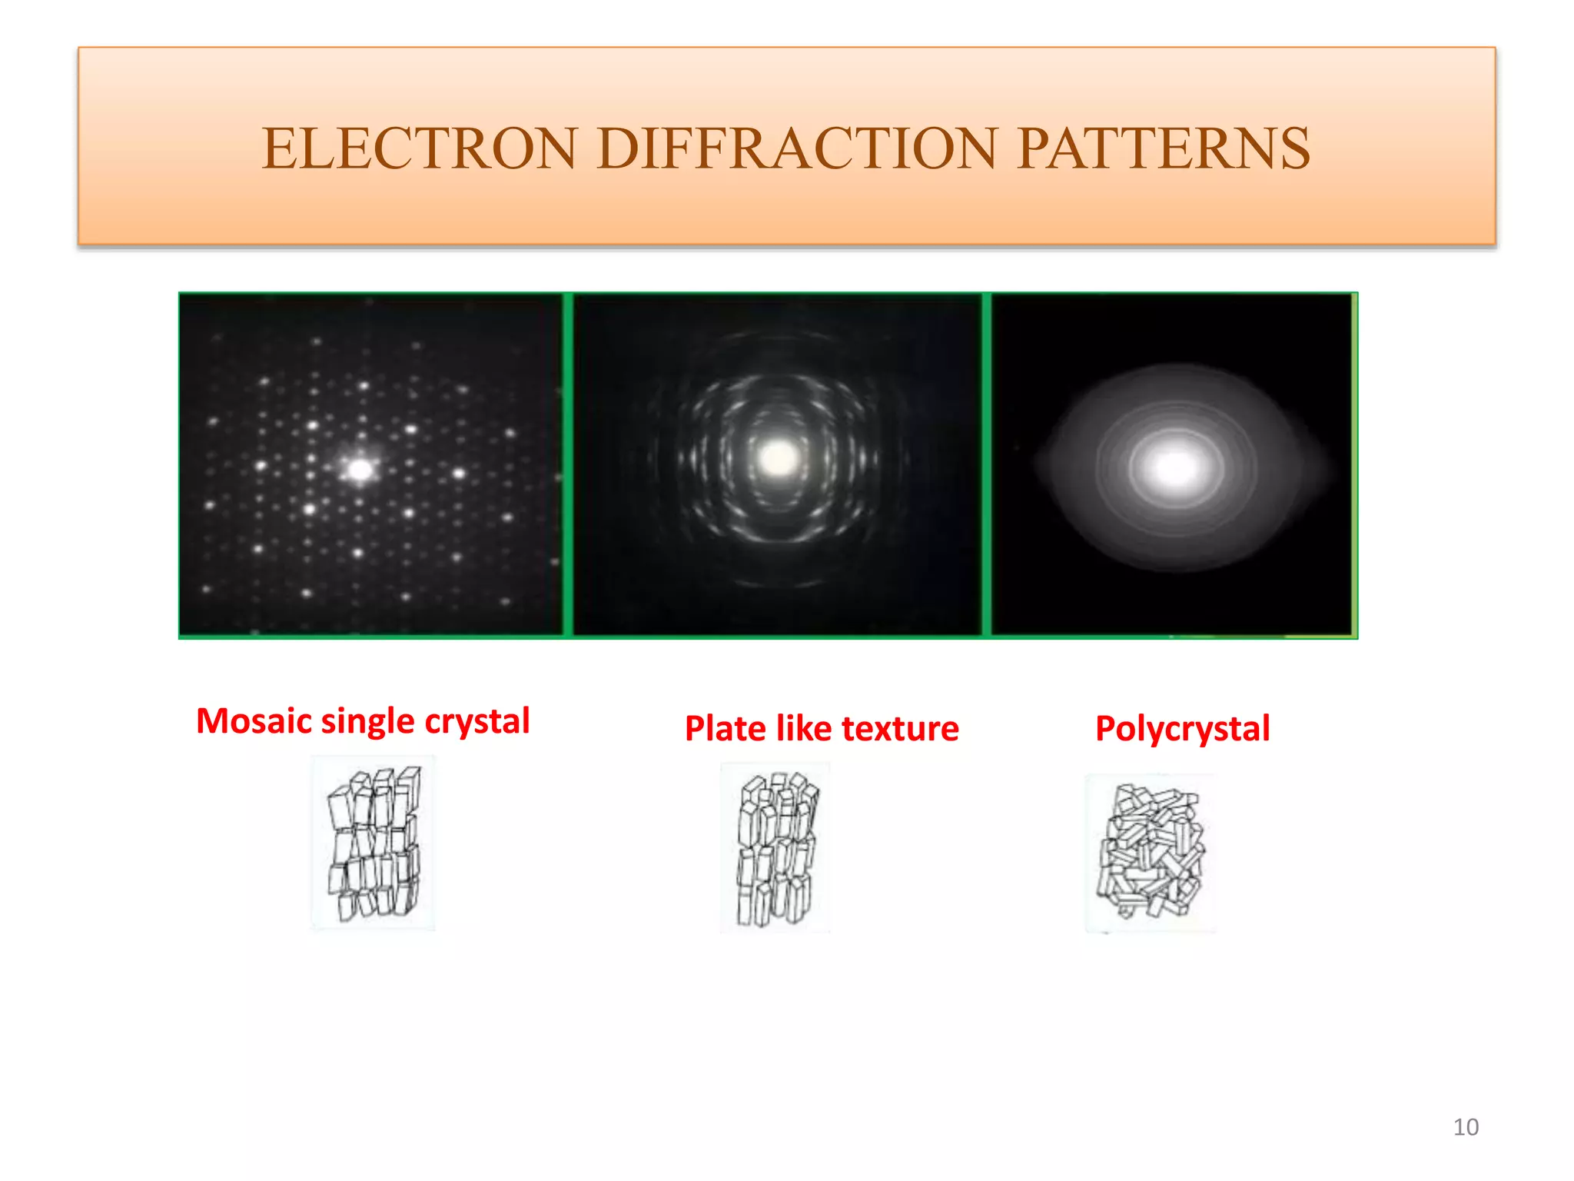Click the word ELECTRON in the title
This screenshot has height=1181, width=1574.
420,148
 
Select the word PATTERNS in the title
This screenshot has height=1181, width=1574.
1164,148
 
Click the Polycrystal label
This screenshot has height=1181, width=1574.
1182,729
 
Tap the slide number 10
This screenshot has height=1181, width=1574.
1466,1127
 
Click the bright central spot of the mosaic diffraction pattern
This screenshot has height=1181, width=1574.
360,469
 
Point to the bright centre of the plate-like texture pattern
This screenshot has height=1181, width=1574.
778,459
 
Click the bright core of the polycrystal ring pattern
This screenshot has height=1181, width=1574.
1174,467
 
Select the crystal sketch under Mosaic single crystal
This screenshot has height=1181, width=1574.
374,843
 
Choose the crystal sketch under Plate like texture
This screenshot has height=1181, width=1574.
776,848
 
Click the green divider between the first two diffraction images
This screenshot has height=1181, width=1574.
568,465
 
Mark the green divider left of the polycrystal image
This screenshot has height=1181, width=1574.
986,465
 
